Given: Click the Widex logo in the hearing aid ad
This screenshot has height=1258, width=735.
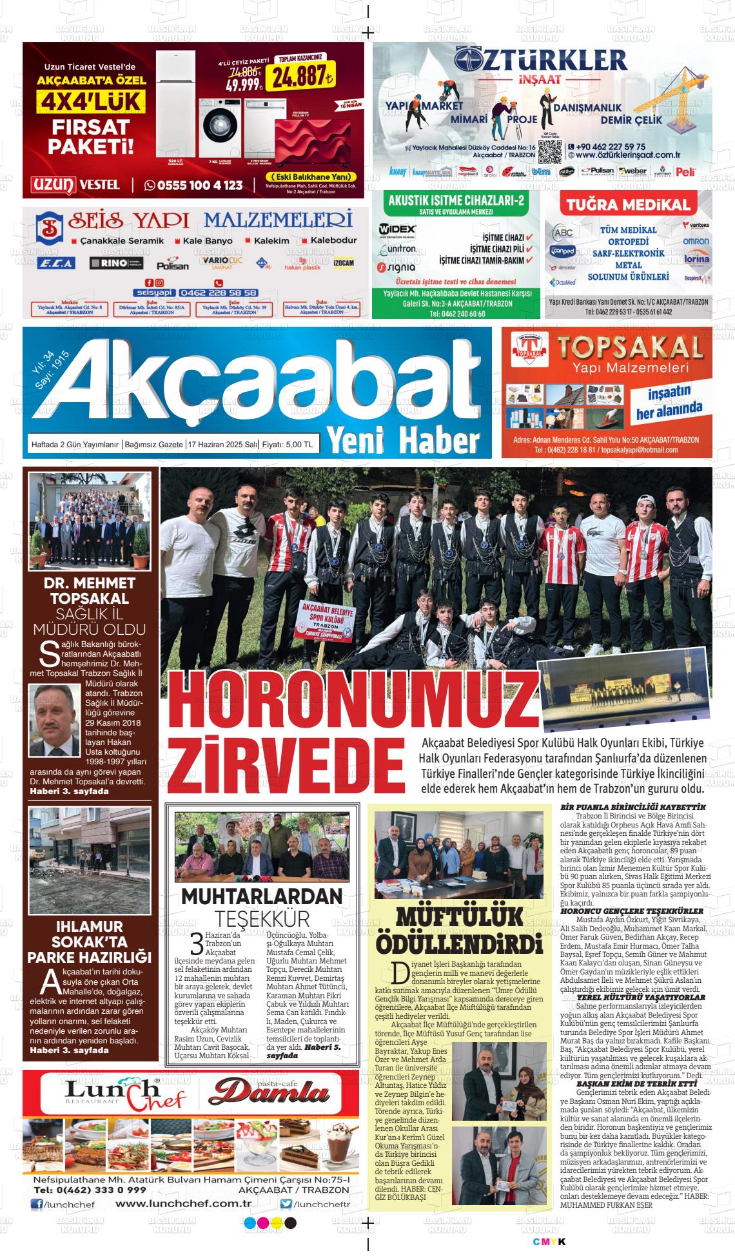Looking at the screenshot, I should [x=398, y=229].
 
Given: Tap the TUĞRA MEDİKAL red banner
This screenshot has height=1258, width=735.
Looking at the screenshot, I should [x=628, y=205].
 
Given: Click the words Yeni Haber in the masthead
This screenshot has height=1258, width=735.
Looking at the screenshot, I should [x=404, y=440].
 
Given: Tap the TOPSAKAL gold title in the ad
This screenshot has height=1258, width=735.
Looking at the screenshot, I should [x=629, y=348].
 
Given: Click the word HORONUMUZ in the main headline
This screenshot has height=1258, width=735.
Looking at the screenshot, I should [x=350, y=701].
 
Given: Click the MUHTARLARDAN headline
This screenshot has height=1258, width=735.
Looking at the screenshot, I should [x=261, y=896].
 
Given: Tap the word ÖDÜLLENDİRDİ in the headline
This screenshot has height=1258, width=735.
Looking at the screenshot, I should [x=458, y=945].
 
